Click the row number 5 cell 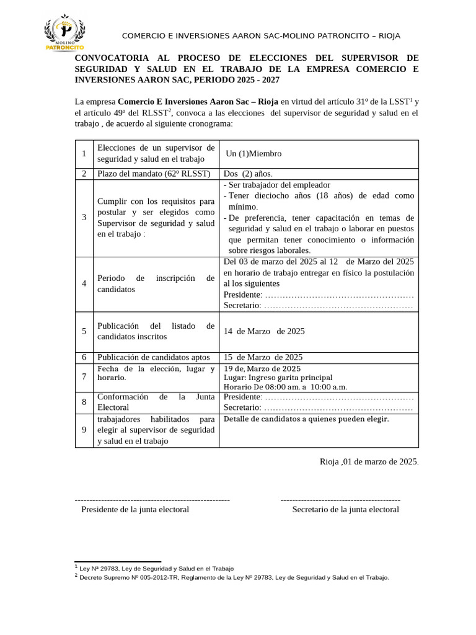click(x=84, y=331)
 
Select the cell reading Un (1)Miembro click(x=253, y=154)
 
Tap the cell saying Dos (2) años click(x=248, y=174)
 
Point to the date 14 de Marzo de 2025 click(x=264, y=331)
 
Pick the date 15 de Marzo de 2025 click(x=263, y=357)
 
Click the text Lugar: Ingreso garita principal click(x=278, y=378)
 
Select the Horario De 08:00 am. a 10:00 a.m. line click(x=285, y=387)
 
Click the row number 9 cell click(x=84, y=430)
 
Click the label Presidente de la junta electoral click(x=135, y=509)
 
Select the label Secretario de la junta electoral click(x=345, y=509)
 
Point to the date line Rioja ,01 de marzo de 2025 click(x=369, y=461)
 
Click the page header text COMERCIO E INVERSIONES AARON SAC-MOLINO click(x=261, y=35)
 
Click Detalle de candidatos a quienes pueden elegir click(x=306, y=419)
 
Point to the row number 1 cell click(x=84, y=154)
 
